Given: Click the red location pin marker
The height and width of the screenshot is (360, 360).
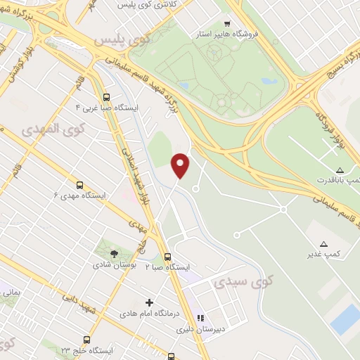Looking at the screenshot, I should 181,165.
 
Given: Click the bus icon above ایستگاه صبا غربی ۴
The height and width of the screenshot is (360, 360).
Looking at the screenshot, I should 106,98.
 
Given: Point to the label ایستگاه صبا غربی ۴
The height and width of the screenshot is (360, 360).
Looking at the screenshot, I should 107,108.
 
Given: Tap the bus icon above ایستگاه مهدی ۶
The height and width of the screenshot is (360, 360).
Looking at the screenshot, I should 79,184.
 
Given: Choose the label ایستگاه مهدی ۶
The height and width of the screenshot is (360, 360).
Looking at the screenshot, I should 79,195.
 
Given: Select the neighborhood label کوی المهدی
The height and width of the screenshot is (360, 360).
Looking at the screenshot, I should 52,130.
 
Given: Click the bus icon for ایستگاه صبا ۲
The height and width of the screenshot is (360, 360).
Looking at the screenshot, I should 167,257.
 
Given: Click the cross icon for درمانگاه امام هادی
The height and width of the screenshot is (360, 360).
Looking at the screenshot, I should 149,302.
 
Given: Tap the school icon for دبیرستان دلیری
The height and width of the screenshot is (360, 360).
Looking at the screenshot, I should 200,318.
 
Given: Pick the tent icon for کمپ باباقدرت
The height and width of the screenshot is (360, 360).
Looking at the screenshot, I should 340,170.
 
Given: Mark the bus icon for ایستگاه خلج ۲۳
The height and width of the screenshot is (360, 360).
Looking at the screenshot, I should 86,340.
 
